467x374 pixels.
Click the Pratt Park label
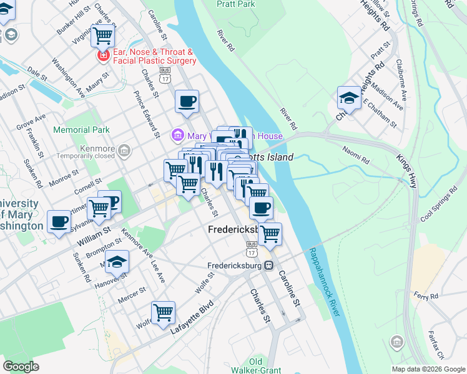tap(236, 4)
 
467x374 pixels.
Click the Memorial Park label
tap(81, 130)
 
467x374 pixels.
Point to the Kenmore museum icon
tap(124, 150)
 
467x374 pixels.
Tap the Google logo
tap(21, 366)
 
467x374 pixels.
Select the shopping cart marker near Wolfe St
tap(163, 312)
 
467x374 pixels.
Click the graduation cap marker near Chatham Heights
tap(349, 98)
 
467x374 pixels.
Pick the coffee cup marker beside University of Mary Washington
tap(59, 222)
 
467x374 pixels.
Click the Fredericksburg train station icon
tap(268, 266)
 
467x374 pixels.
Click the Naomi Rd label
tap(356, 155)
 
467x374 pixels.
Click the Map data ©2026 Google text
tap(428, 369)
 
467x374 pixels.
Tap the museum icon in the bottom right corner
tap(396, 342)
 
